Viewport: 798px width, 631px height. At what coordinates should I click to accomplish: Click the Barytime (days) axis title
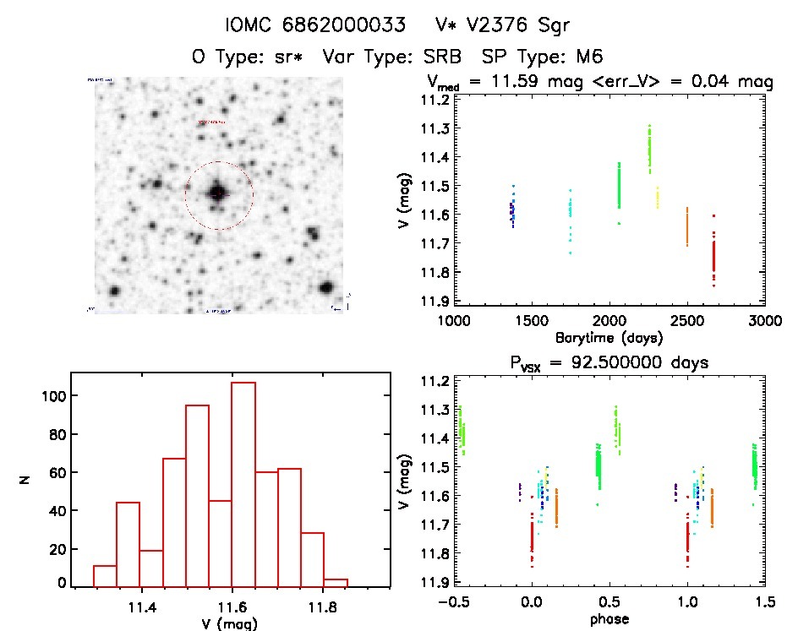tap(609, 337)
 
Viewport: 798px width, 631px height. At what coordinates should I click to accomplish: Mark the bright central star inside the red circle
tap(217, 193)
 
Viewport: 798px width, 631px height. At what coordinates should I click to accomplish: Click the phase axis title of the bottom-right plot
tap(609, 618)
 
